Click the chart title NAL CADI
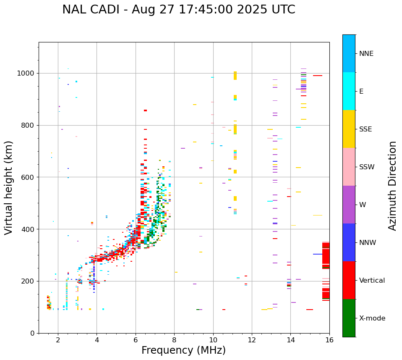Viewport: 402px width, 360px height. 178,10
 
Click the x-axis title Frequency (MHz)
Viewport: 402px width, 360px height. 183,350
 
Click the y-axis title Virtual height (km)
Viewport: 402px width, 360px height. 9,188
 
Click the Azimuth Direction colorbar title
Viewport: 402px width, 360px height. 392,186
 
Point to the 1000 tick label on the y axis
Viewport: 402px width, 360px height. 26,73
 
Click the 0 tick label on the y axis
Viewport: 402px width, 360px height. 33,333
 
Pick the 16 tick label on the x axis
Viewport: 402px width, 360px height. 329,340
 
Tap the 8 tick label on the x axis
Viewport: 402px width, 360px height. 174,340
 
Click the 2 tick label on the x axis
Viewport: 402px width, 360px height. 58,340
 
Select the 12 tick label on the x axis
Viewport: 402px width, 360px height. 252,340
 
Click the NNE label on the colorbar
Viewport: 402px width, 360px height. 366,54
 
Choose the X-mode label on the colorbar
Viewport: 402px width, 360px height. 372,318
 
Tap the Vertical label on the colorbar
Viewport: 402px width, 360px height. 372,281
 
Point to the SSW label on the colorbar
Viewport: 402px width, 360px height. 367,167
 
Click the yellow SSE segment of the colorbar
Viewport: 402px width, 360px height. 349,129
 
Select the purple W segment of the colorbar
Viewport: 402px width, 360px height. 349,205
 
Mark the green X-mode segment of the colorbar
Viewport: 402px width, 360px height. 349,318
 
